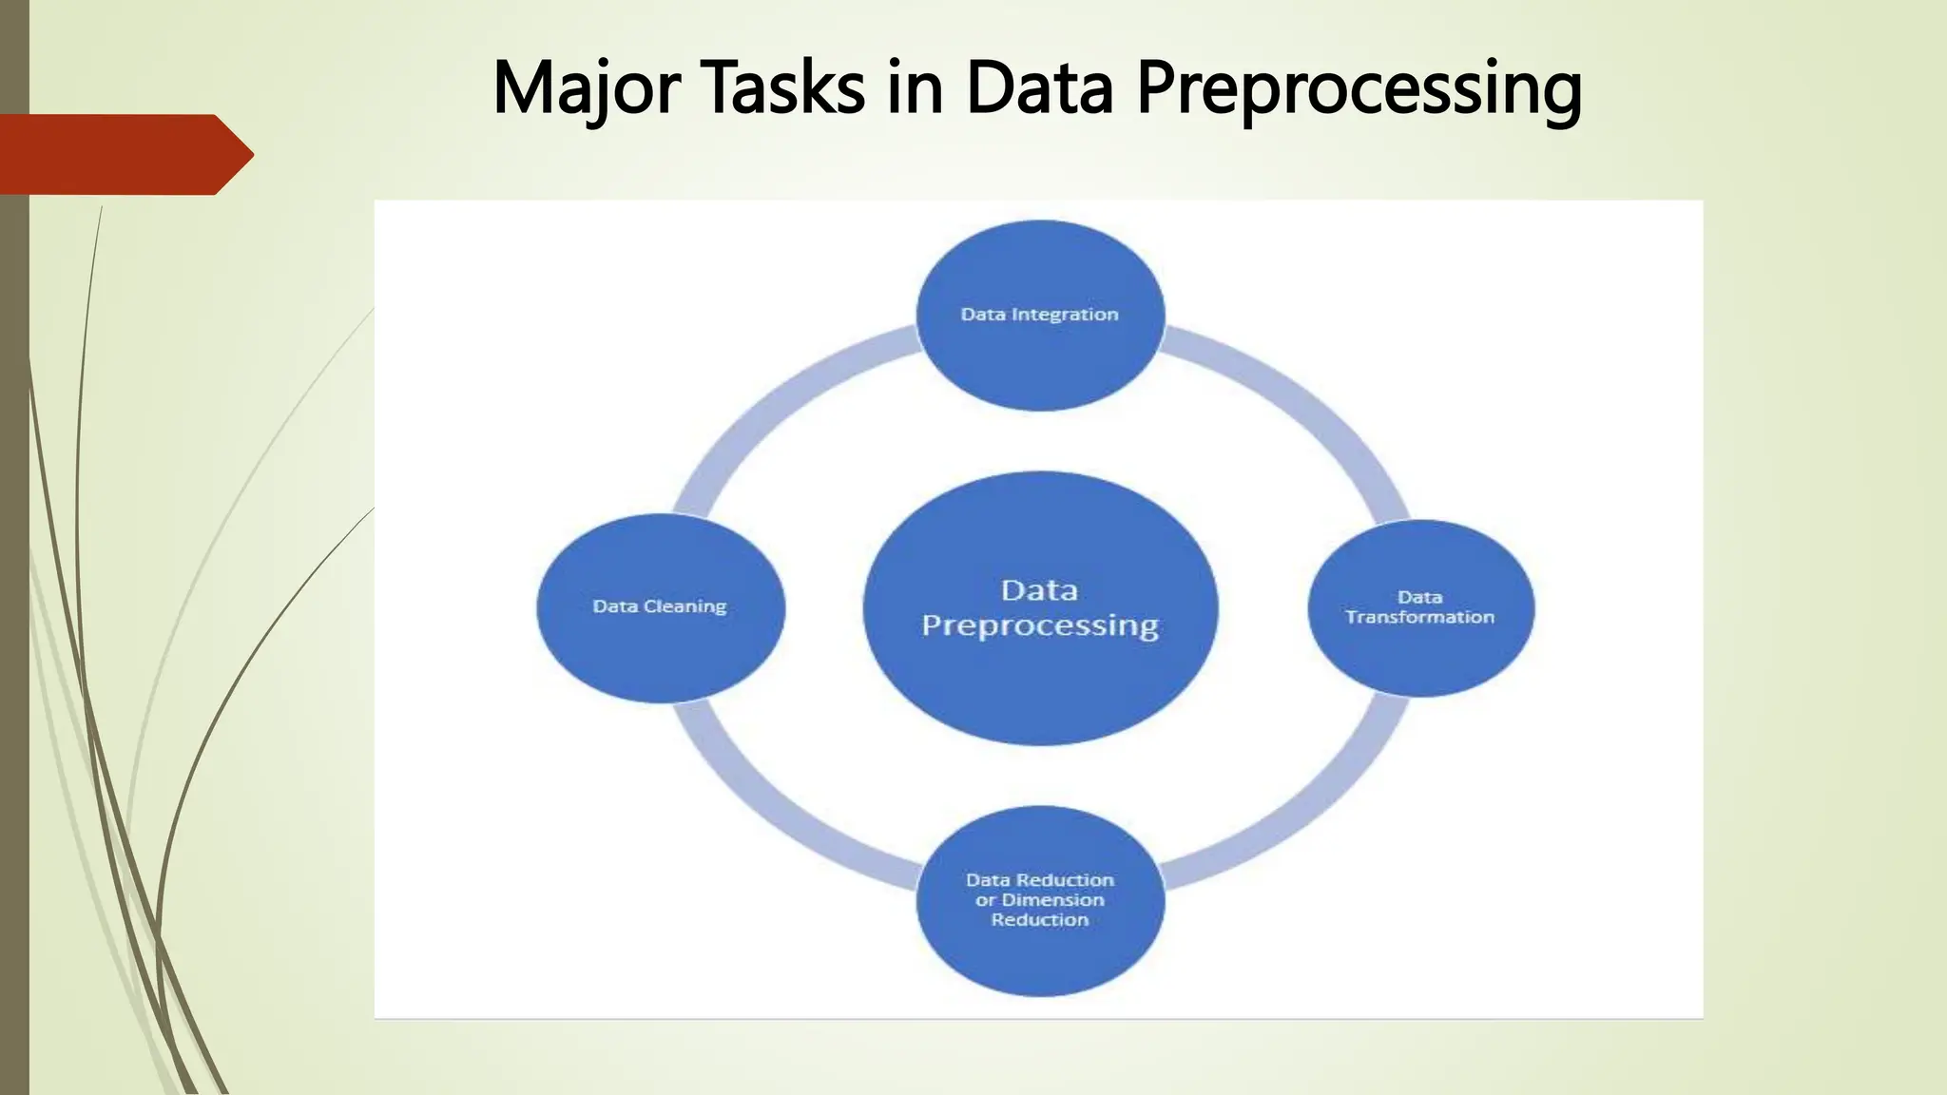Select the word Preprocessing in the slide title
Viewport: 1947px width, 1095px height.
click(1359, 88)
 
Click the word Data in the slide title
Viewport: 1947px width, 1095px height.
click(1039, 88)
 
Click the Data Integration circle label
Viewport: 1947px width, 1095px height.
click(1039, 315)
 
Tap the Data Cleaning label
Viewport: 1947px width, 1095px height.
click(659, 606)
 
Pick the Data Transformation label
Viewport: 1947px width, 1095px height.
click(1419, 607)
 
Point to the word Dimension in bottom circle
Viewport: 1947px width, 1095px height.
click(1052, 900)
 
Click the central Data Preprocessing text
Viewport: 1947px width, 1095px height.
click(1040, 607)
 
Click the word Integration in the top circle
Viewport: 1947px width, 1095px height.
click(1065, 315)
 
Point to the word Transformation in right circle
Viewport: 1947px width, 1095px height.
click(1419, 618)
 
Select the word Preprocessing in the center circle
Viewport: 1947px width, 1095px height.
click(1040, 625)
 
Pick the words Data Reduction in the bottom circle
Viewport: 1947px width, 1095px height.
click(1039, 880)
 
